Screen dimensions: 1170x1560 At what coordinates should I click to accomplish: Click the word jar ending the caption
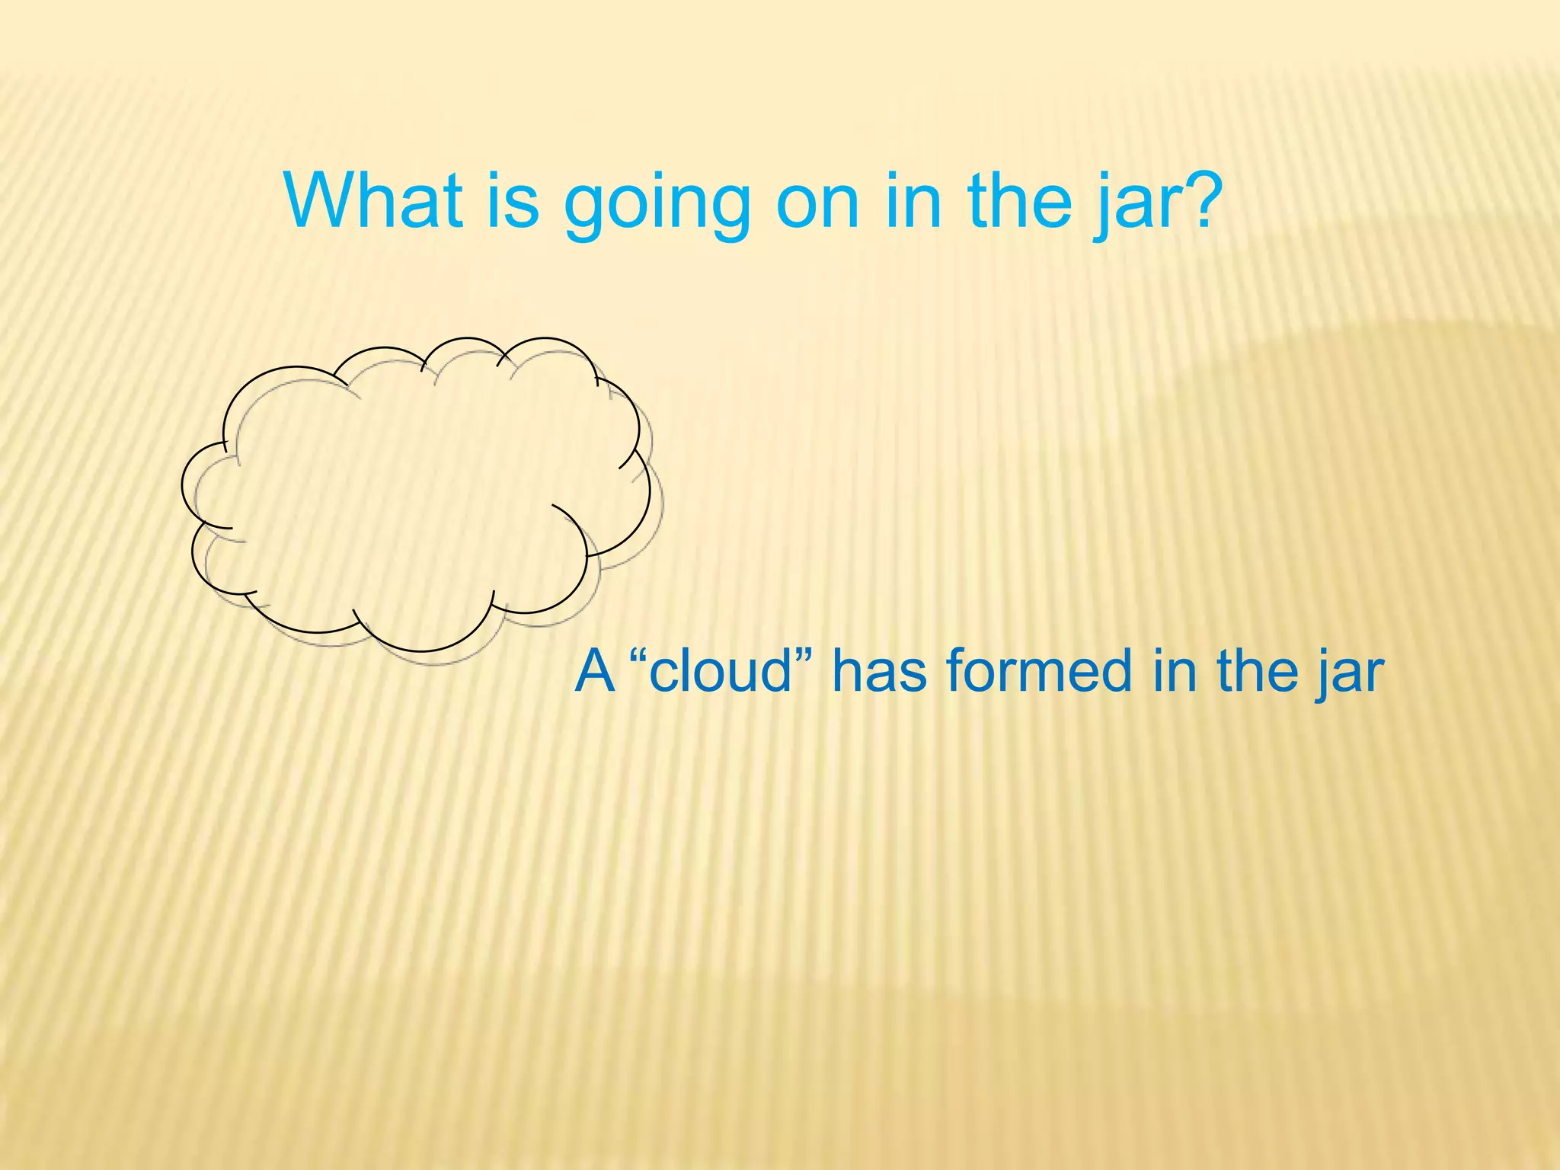click(1352, 674)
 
